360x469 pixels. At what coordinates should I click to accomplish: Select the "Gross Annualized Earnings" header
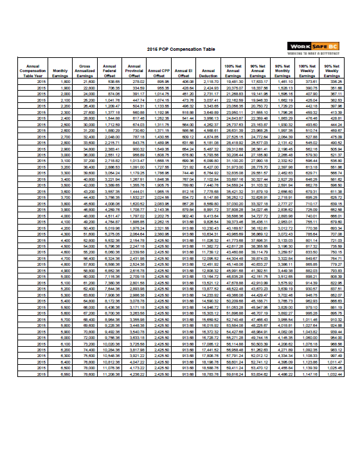click(x=87, y=73)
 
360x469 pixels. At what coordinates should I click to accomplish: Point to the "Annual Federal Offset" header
click(x=111, y=73)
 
